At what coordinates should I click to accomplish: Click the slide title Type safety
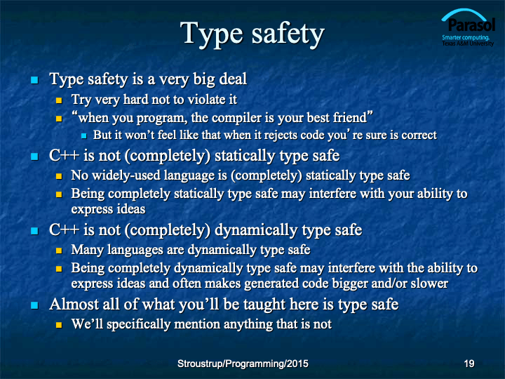point(252,34)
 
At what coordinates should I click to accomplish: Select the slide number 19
point(469,364)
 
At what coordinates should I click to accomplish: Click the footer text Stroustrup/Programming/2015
point(243,364)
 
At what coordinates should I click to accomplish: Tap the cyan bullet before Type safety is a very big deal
point(34,79)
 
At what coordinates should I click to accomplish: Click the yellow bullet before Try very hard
point(59,100)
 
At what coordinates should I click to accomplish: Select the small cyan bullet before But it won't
point(84,136)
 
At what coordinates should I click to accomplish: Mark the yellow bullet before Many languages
point(59,251)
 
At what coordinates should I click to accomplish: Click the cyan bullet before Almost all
point(34,305)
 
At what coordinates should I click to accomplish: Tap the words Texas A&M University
point(468,44)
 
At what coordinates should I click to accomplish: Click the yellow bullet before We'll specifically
point(59,324)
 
